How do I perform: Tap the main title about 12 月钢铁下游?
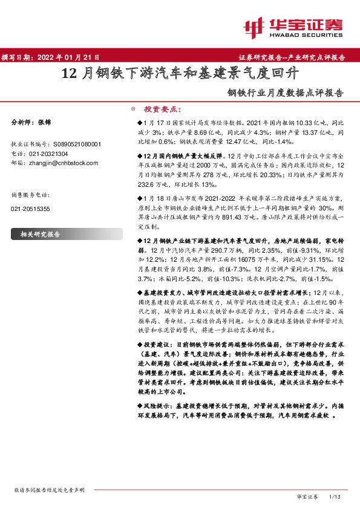coord(180,75)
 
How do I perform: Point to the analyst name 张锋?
coord(44,122)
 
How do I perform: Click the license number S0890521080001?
coord(74,144)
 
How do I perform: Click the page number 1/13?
coord(336,496)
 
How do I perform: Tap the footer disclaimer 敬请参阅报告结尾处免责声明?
coord(48,490)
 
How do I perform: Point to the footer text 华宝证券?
coord(307,496)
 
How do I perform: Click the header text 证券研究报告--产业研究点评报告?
coord(297,57)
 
